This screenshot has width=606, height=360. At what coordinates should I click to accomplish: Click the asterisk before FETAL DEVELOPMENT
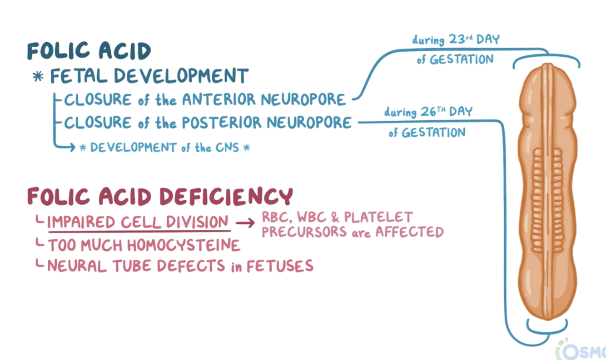coord(38,76)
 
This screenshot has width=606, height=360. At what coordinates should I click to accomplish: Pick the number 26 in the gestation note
coord(429,112)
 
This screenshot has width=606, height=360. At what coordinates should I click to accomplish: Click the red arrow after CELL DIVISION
coord(245,223)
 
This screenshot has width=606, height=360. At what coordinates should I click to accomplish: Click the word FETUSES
coord(280,266)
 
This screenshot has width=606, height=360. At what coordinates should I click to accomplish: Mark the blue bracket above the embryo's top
coord(546,58)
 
